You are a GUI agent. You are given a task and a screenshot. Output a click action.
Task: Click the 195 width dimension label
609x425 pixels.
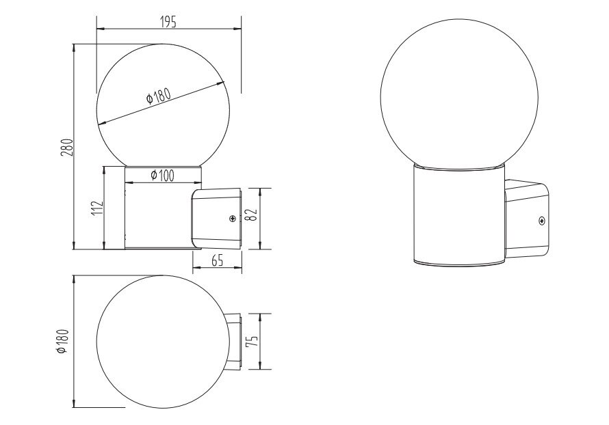pos(168,22)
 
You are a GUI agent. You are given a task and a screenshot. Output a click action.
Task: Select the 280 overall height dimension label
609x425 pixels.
pos(67,147)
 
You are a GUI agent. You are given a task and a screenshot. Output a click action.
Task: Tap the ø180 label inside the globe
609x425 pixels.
pos(159,96)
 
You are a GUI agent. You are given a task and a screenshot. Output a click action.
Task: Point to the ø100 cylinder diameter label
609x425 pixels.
pos(162,176)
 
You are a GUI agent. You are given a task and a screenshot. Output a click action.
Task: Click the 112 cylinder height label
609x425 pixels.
pos(98,208)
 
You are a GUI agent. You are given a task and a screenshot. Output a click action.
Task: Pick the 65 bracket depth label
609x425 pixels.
pos(218,261)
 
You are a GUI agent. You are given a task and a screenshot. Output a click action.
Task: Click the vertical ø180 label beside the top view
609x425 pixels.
pos(62,341)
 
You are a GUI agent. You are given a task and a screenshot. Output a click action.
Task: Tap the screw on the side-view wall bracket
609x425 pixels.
pos(233,219)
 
